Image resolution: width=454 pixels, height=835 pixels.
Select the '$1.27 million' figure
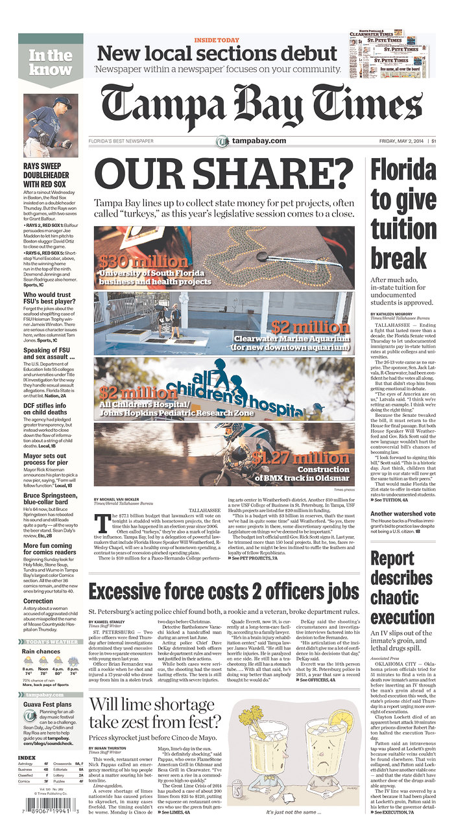(301, 458)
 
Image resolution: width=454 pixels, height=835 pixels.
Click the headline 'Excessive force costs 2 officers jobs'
(224, 591)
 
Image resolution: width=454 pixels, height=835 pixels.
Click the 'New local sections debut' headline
(217, 54)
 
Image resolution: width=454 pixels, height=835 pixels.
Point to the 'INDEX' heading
(27, 757)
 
